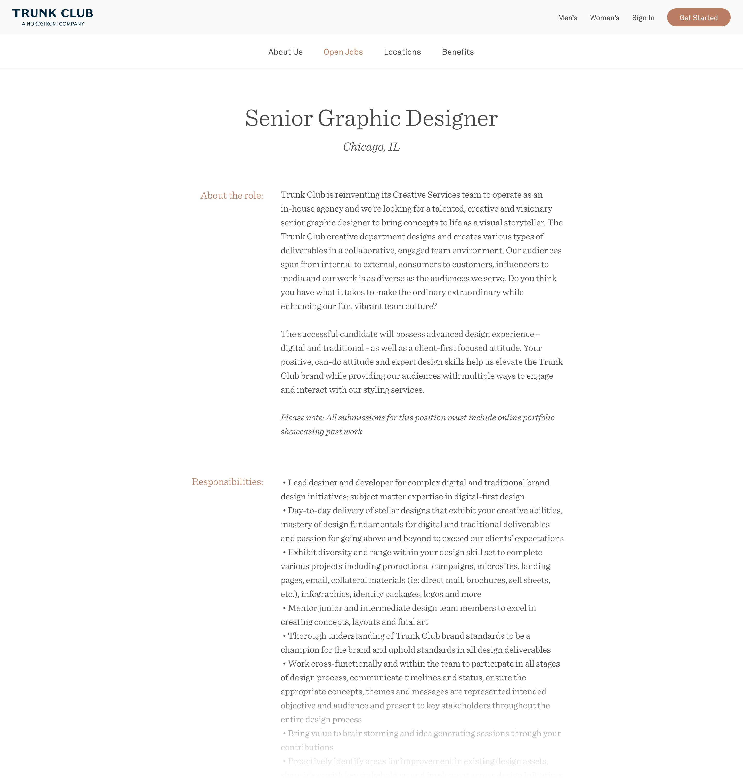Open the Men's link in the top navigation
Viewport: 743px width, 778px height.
click(x=567, y=18)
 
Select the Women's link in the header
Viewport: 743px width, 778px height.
click(x=604, y=18)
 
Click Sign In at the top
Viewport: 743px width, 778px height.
click(x=643, y=18)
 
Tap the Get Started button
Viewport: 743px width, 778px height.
click(x=698, y=18)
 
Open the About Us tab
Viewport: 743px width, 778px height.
click(x=285, y=52)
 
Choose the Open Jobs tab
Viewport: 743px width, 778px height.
click(x=343, y=52)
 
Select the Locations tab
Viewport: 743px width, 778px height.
click(x=402, y=52)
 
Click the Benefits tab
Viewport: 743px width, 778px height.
click(x=457, y=52)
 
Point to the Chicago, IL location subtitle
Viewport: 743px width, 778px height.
click(x=371, y=147)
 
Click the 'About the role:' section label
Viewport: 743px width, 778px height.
click(x=232, y=196)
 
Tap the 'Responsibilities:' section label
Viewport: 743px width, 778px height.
click(x=227, y=482)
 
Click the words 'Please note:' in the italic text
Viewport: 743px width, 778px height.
click(x=302, y=418)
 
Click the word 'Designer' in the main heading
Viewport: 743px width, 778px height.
click(x=451, y=118)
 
